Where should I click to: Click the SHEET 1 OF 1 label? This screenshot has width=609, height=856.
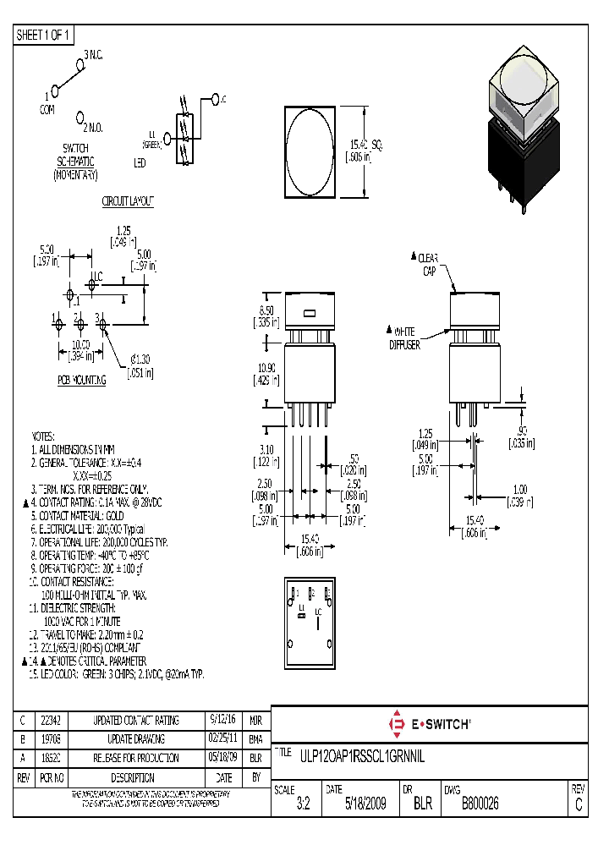pos(45,35)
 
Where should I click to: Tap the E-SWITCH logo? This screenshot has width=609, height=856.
pos(430,724)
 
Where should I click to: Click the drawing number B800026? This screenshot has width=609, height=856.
pos(480,805)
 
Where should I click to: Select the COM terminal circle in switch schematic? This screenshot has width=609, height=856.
pos(54,89)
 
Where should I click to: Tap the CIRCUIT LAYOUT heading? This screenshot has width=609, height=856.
pos(127,201)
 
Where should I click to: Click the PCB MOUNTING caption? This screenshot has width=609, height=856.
pos(82,381)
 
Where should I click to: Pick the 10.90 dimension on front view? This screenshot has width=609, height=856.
pos(265,373)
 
